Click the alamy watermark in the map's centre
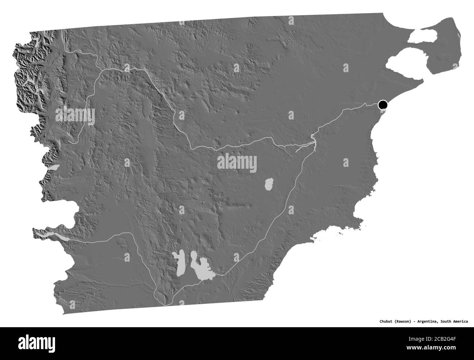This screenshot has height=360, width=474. coord(237,162)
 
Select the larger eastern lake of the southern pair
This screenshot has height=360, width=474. coord(199,268)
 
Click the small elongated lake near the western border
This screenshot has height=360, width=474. coord(54,168)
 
